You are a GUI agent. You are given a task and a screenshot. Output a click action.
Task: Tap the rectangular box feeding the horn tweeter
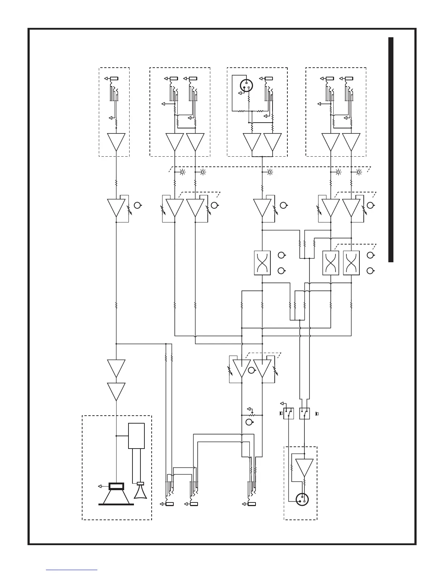pos(136,436)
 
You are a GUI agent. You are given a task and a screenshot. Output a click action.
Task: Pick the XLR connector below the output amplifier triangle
pos(302,500)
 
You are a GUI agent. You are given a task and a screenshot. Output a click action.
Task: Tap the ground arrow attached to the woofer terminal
pos(101,486)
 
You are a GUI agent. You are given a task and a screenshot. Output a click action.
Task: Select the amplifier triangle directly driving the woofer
pos(116,392)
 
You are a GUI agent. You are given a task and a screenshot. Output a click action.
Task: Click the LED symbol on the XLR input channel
pos(270,172)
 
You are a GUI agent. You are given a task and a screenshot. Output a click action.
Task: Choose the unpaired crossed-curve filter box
pos(262,263)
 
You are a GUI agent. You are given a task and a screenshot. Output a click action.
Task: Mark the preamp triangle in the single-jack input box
pos(116,142)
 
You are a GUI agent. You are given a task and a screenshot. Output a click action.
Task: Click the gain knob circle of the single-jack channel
pos(137,205)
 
